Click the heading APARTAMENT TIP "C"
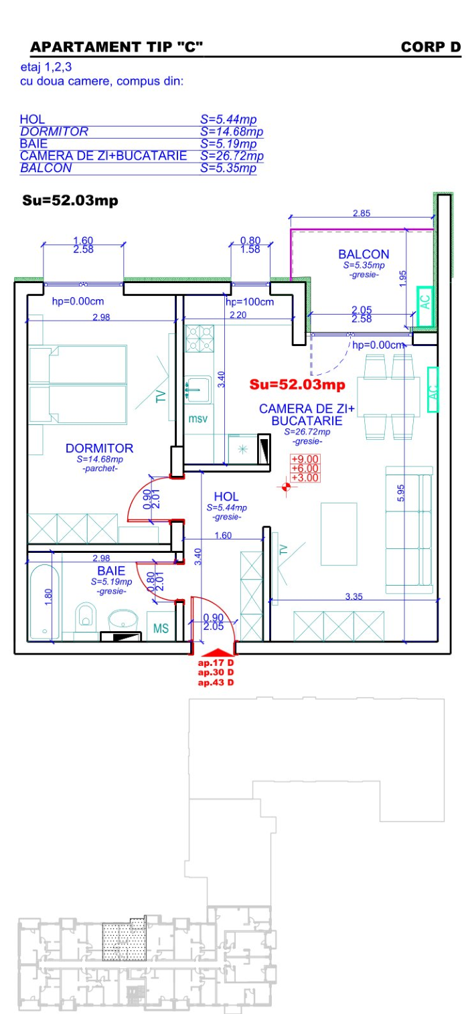[116, 47]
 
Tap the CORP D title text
[431, 47]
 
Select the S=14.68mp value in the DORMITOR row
[232, 132]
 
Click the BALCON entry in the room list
[46, 168]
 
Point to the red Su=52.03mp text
[297, 384]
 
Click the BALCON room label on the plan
[364, 254]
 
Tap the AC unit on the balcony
[425, 306]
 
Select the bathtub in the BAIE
[44, 602]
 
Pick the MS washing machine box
[161, 626]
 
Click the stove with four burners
[200, 338]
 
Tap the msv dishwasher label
[198, 419]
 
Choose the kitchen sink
[197, 390]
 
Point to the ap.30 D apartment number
[216, 672]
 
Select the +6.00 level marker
[305, 469]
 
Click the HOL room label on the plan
[226, 496]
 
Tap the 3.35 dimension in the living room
[354, 596]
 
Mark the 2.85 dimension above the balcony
[362, 213]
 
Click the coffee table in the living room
[339, 533]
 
